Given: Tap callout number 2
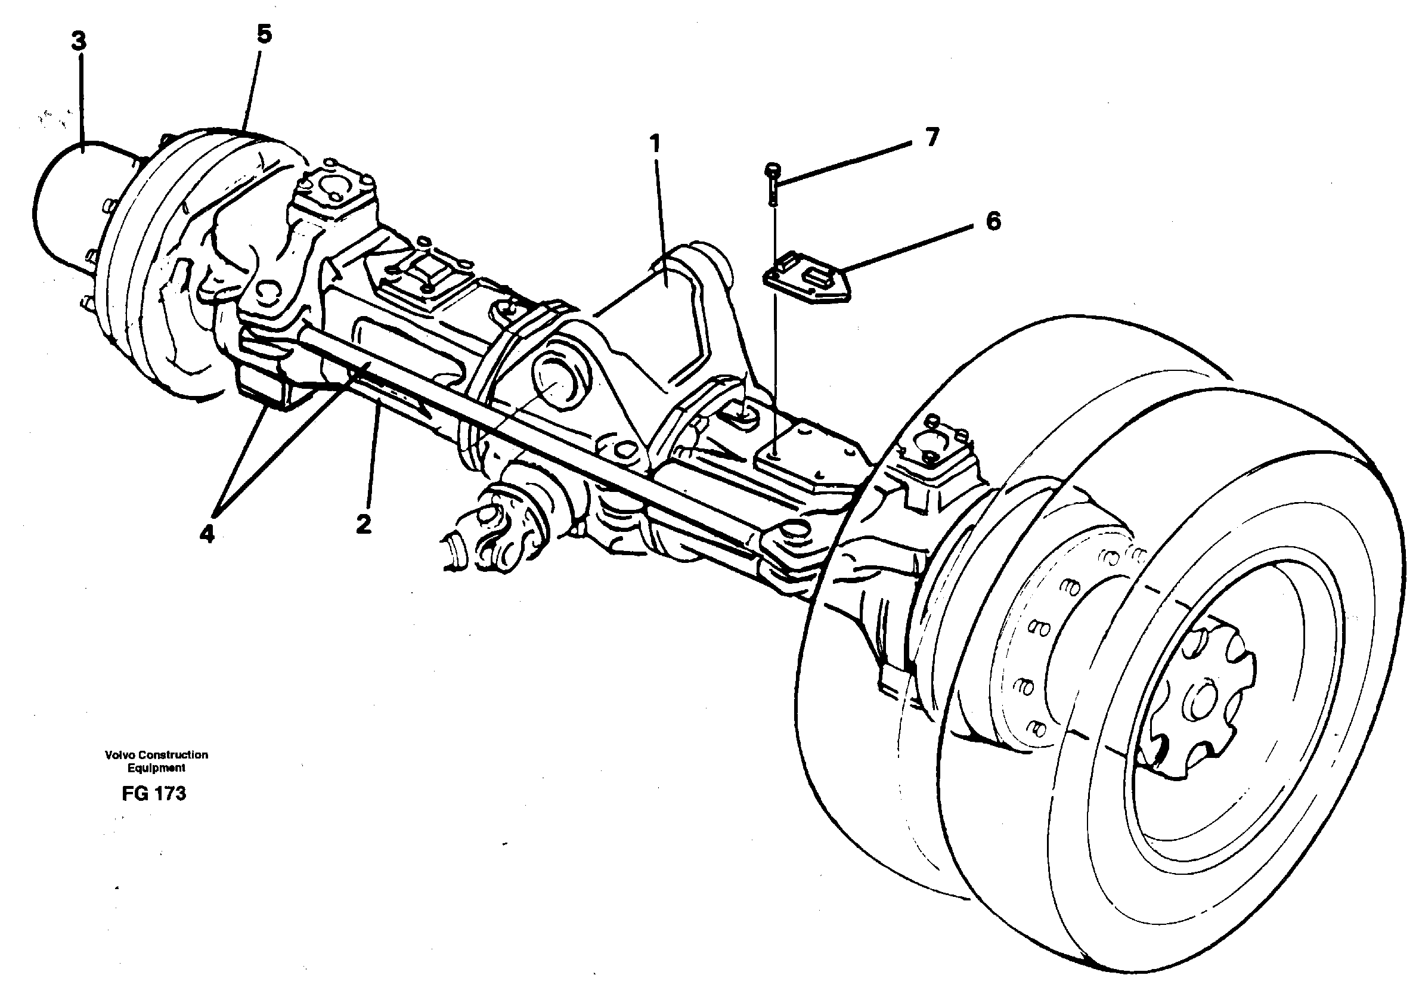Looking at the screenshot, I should [x=364, y=524].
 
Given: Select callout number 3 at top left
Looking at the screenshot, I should [x=79, y=42].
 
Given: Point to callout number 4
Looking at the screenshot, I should [x=207, y=533].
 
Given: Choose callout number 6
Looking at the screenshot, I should [x=993, y=221].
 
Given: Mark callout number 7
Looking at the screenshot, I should [x=932, y=137].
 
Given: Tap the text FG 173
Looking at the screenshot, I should [x=154, y=794].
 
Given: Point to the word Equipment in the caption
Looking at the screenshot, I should [x=156, y=768].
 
